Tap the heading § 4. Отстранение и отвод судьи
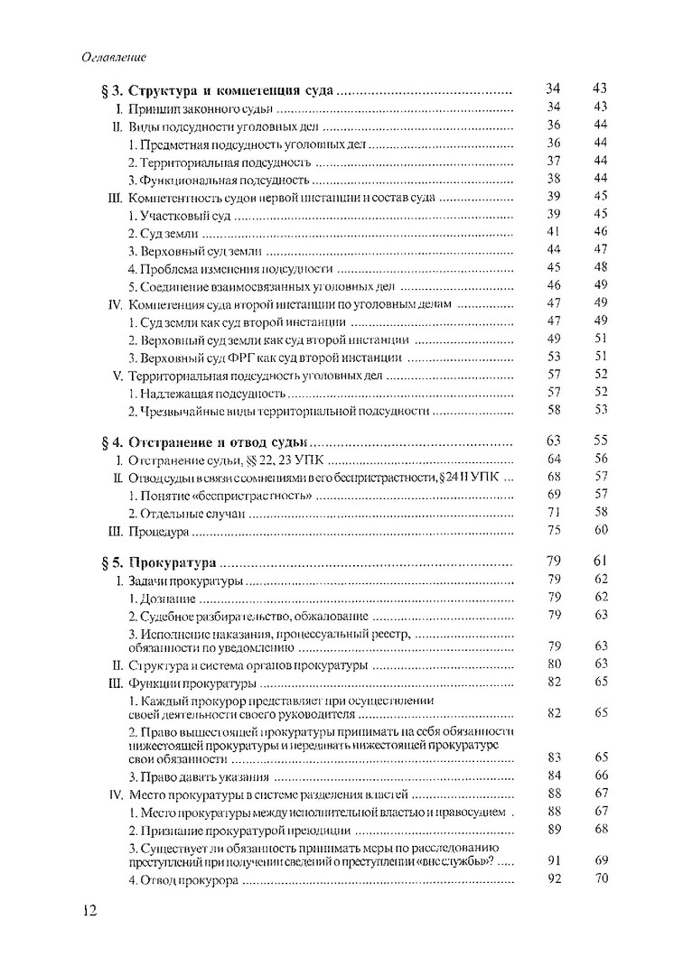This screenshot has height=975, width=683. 206,442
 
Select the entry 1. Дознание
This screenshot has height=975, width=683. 159,598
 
